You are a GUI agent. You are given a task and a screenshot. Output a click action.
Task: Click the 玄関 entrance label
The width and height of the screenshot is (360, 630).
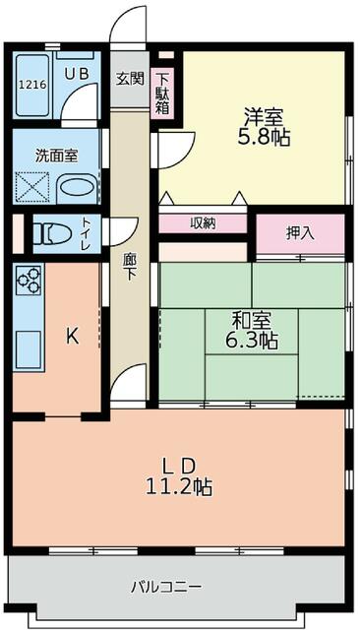(x=129, y=79)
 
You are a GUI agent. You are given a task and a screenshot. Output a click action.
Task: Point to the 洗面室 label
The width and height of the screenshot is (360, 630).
(x=53, y=155)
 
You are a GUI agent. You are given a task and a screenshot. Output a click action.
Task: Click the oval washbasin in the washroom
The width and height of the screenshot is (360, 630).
(x=77, y=186)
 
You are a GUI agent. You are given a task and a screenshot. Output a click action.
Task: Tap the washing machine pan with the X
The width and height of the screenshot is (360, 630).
(x=33, y=186)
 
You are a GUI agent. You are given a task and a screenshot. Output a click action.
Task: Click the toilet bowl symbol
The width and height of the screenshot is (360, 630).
(x=50, y=234)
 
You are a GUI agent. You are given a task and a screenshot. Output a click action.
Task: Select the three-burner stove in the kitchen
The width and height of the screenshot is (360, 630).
(x=29, y=281)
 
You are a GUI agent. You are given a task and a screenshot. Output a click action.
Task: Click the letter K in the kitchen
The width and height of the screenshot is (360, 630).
(x=72, y=336)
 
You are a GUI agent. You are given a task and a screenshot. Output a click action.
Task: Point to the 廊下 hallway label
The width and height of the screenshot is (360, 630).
(x=130, y=269)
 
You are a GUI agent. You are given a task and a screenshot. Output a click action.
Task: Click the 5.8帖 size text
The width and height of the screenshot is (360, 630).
(x=264, y=138)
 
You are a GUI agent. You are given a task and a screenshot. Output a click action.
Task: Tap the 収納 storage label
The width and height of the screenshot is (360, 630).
(x=204, y=223)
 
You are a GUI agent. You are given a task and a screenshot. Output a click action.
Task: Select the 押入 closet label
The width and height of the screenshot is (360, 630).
(x=300, y=233)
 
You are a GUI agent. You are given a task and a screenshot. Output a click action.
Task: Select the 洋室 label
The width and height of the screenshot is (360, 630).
(x=263, y=116)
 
